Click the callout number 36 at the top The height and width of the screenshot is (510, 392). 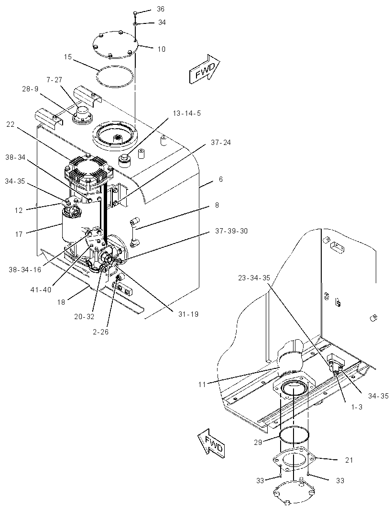(161, 9)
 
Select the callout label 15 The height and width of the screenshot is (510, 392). (67, 57)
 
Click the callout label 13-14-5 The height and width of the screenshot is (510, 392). (186, 113)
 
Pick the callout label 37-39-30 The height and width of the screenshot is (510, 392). (231, 231)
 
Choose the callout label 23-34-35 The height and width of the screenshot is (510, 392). (254, 278)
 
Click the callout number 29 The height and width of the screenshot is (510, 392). (258, 443)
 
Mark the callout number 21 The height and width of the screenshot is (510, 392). (349, 460)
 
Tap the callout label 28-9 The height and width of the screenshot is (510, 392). (30, 89)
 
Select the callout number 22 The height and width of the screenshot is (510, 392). (11, 124)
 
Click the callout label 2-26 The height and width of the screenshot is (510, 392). (100, 332)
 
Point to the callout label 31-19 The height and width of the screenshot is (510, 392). (188, 314)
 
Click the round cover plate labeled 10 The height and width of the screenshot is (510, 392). (115, 44)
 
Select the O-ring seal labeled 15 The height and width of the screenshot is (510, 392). (115, 77)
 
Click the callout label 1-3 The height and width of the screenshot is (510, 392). (357, 407)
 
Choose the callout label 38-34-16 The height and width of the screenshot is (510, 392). (25, 270)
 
